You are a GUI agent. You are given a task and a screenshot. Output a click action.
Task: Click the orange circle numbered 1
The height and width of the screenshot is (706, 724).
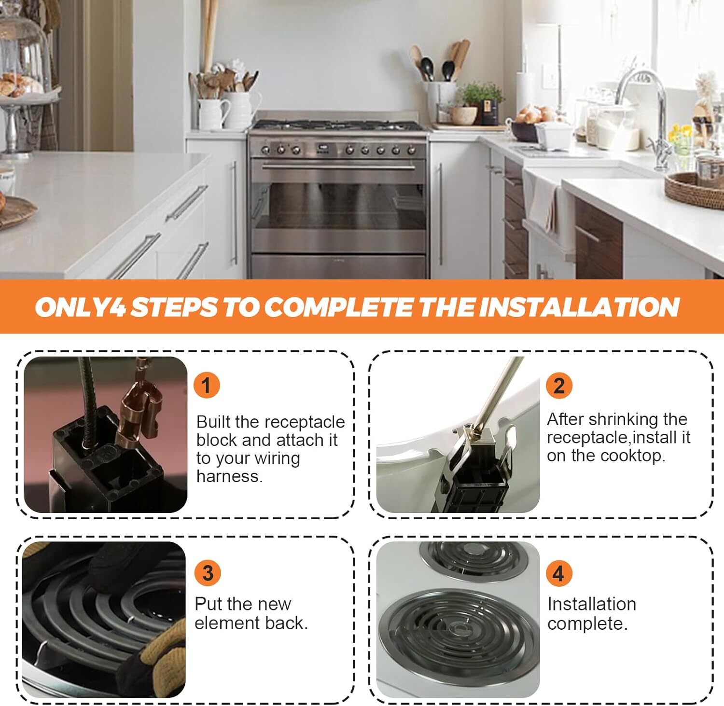(x=207, y=386)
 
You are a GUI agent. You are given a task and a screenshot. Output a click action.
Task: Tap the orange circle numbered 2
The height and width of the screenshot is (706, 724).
(x=559, y=386)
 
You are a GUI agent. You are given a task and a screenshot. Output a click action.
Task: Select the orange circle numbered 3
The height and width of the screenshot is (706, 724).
(x=208, y=573)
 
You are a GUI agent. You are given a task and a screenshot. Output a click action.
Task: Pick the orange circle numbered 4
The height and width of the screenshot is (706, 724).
(x=558, y=573)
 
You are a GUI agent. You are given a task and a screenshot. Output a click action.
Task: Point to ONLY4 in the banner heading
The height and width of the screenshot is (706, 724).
(x=80, y=307)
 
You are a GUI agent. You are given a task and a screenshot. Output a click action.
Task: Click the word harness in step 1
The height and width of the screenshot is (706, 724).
(x=229, y=476)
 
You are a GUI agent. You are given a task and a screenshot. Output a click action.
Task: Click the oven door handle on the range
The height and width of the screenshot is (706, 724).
(x=338, y=167)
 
